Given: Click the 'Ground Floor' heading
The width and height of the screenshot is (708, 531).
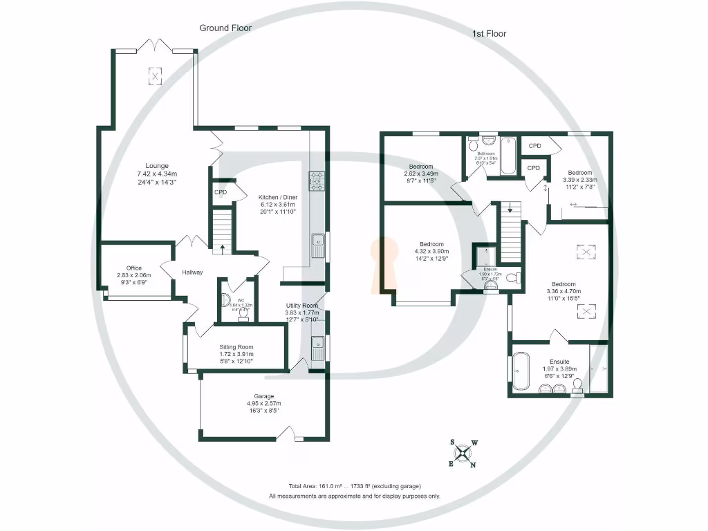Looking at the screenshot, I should [225, 28].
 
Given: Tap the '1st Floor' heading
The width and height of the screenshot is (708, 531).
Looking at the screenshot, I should [489, 33].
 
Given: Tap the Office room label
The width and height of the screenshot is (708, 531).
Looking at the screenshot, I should [133, 268].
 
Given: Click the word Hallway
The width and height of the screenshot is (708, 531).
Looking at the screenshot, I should [192, 272].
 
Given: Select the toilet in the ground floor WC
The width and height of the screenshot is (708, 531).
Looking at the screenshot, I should [243, 312].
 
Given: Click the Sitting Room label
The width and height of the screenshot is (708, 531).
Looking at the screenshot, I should [236, 347].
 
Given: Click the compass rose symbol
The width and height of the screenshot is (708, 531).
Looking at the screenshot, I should [464, 454].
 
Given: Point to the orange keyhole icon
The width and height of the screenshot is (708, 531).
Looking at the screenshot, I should [384, 263].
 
